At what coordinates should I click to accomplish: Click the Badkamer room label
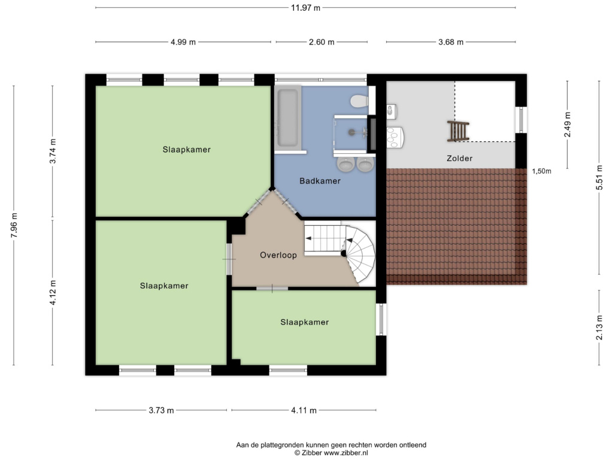pos(320,181)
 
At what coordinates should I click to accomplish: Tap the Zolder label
pos(459,158)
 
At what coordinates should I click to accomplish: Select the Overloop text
pos(278,255)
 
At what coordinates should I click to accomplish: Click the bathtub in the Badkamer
pos(288,117)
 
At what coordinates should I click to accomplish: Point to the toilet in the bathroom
pos(359,101)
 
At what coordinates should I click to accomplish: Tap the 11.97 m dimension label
pos(305,8)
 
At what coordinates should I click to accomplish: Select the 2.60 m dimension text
pos(321,42)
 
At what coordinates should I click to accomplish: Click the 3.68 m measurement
pos(451,42)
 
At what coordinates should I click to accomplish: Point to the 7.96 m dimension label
pos(14,225)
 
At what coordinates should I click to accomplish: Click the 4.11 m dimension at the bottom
pos(304,410)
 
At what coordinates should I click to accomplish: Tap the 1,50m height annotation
pos(541,171)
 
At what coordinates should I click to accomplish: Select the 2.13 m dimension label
pos(599,328)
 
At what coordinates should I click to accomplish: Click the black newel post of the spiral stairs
pos(343,253)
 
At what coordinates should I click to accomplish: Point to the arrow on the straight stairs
pos(308,238)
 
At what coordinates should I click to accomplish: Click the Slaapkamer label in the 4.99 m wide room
pos(187,149)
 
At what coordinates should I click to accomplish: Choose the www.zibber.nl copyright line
pos(331,453)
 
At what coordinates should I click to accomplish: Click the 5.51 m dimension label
pos(599,177)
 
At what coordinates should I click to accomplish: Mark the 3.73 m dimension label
pos(161,410)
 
